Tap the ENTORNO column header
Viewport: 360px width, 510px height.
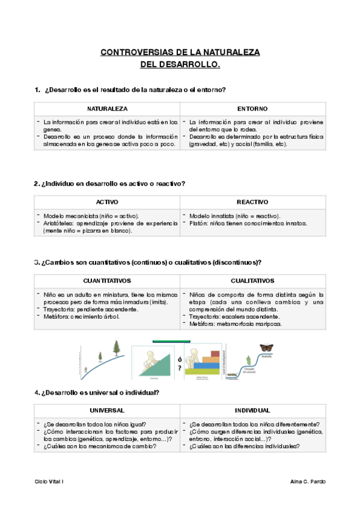(252, 109)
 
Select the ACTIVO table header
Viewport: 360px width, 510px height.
(107, 202)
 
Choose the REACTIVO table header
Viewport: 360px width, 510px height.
(252, 202)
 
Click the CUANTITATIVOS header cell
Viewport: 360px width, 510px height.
(107, 281)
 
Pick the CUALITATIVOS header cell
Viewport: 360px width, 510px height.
(252, 281)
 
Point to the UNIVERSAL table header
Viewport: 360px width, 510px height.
(107, 410)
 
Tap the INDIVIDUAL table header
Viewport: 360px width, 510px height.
(252, 410)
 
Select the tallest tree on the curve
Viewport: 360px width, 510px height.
(115, 348)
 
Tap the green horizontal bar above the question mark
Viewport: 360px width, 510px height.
(171, 341)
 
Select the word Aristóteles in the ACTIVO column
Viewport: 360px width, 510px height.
(61, 224)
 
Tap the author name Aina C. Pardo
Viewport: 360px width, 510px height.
(307, 482)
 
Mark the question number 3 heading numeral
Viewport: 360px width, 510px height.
(37, 263)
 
